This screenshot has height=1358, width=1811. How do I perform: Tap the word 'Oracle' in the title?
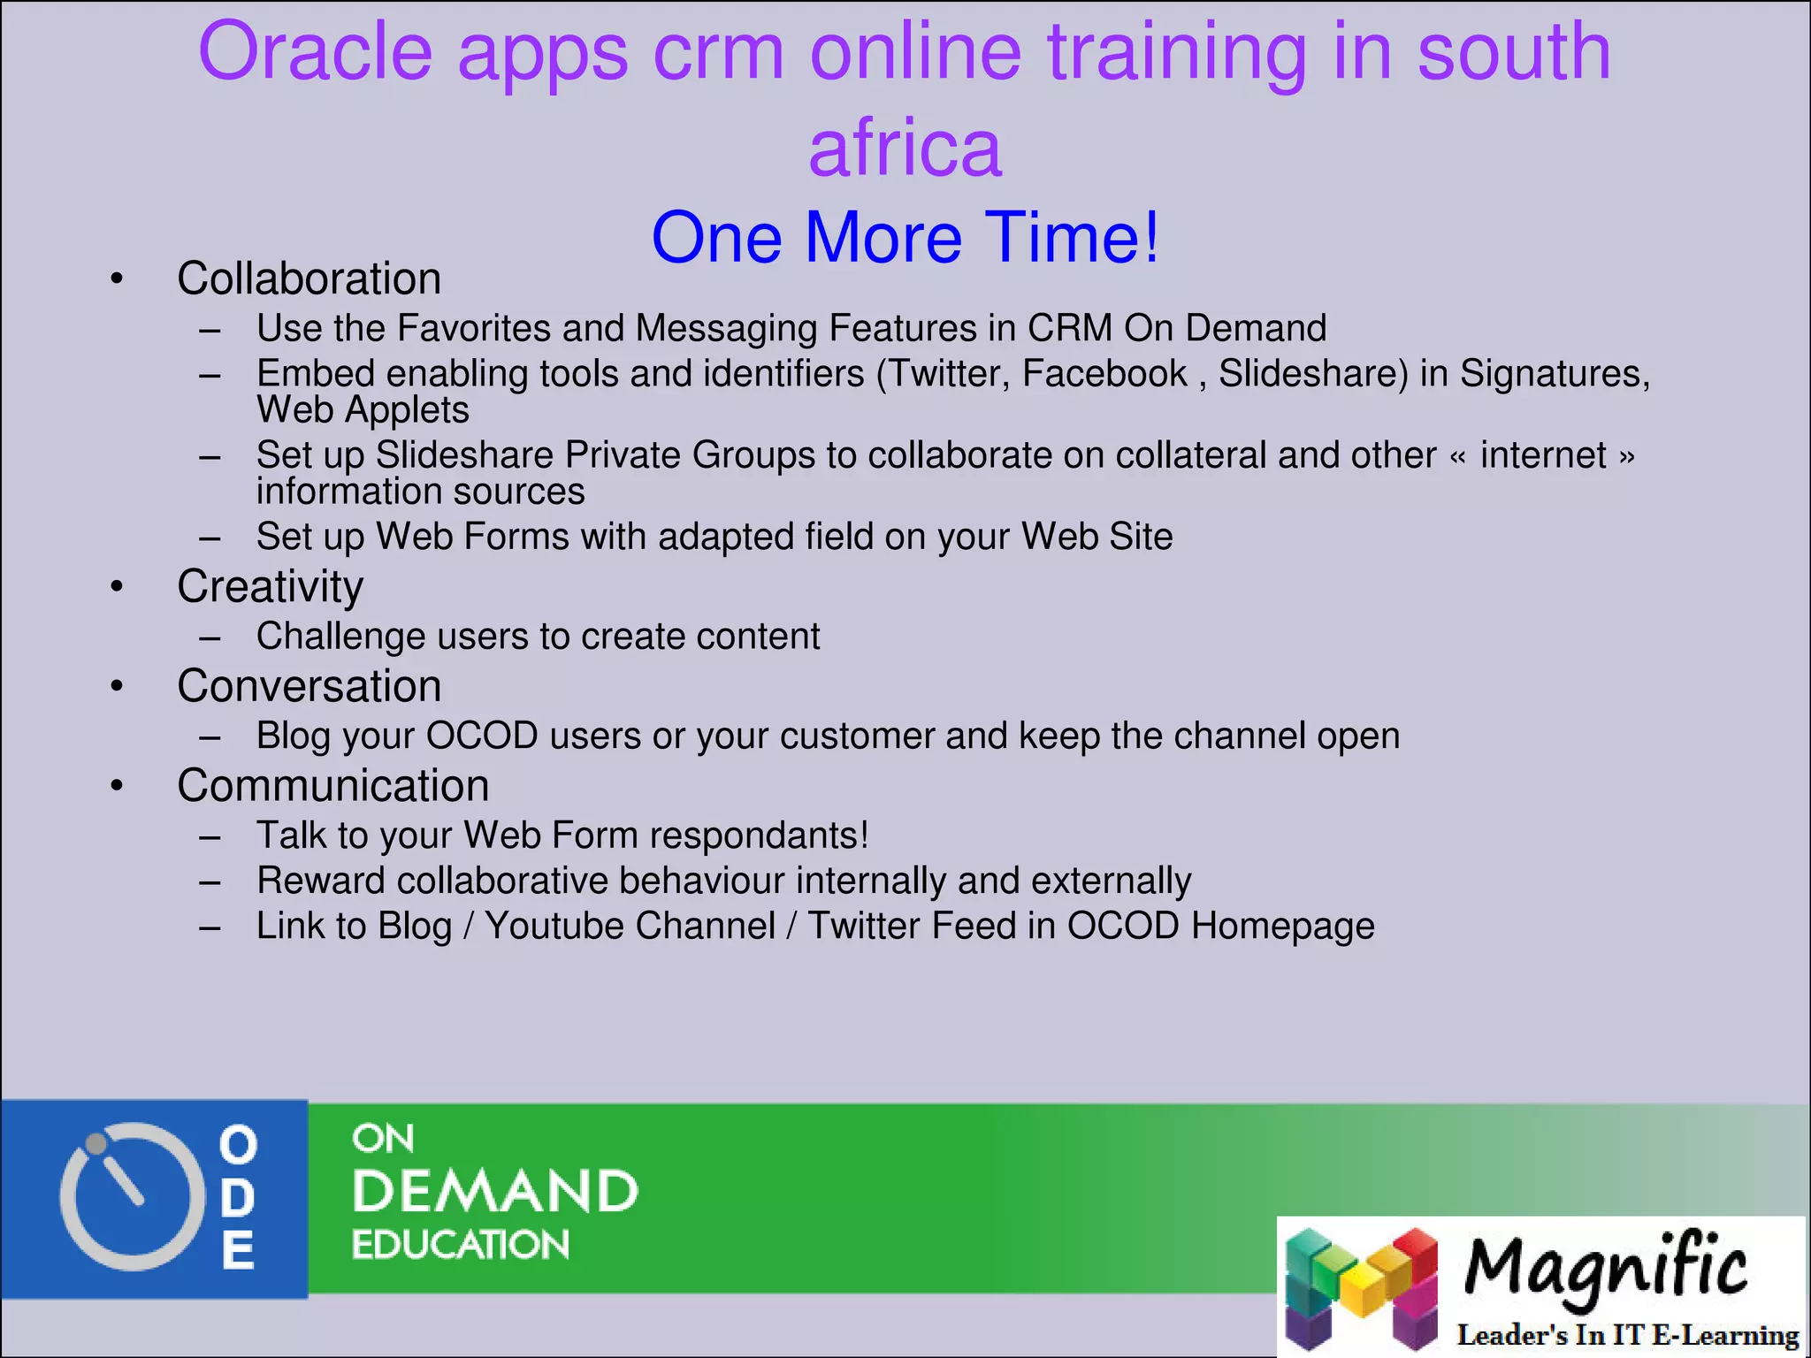coord(315,53)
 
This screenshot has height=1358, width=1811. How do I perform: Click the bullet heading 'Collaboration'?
coord(309,279)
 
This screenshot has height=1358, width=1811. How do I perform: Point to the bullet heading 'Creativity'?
coord(270,587)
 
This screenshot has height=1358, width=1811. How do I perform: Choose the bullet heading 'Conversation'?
coord(309,687)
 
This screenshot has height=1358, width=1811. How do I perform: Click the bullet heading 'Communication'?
coord(332,786)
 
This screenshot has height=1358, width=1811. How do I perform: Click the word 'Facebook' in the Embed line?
coord(1104,373)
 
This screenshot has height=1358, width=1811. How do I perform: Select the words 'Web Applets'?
coord(363,410)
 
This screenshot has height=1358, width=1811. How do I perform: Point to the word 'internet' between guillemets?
coord(1543,455)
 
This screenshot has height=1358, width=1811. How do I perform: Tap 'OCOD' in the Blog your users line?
coord(482,736)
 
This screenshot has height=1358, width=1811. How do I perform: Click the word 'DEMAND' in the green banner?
coord(495,1191)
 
